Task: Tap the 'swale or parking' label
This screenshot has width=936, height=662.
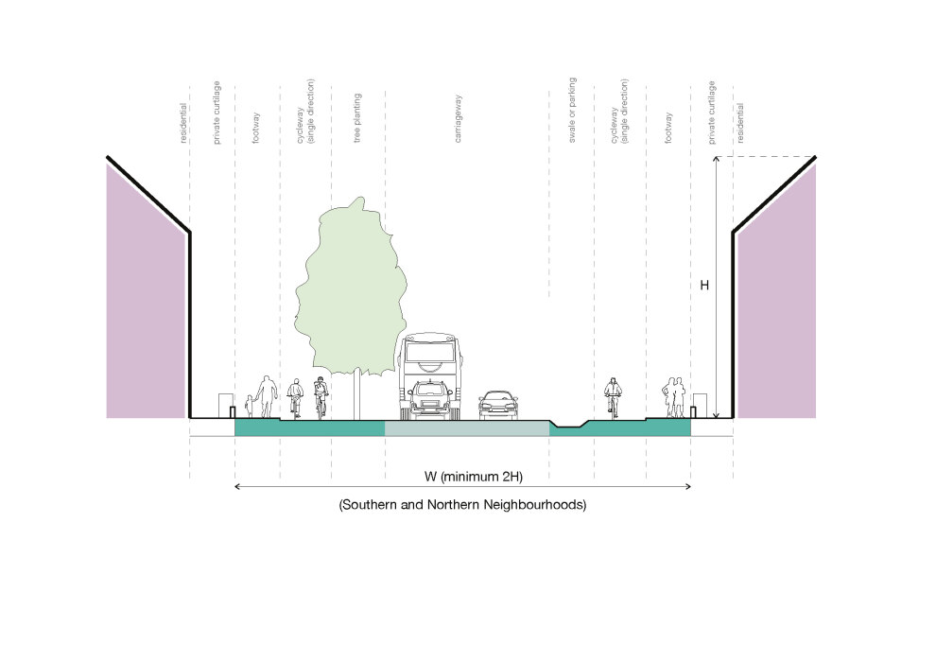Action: coord(572,112)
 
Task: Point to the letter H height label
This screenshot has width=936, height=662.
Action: coord(703,285)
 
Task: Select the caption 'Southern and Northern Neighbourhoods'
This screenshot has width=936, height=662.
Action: coord(462,505)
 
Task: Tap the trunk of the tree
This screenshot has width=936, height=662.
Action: coord(356,392)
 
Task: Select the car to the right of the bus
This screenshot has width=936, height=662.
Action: coord(498,405)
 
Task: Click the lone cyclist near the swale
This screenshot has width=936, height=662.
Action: coord(614,397)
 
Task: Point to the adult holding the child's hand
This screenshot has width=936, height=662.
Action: coord(268,395)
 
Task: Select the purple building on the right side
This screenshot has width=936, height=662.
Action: coord(776,312)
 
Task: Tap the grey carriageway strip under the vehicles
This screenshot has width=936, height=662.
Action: coord(467,429)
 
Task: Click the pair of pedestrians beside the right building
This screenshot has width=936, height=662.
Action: coord(673,396)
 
